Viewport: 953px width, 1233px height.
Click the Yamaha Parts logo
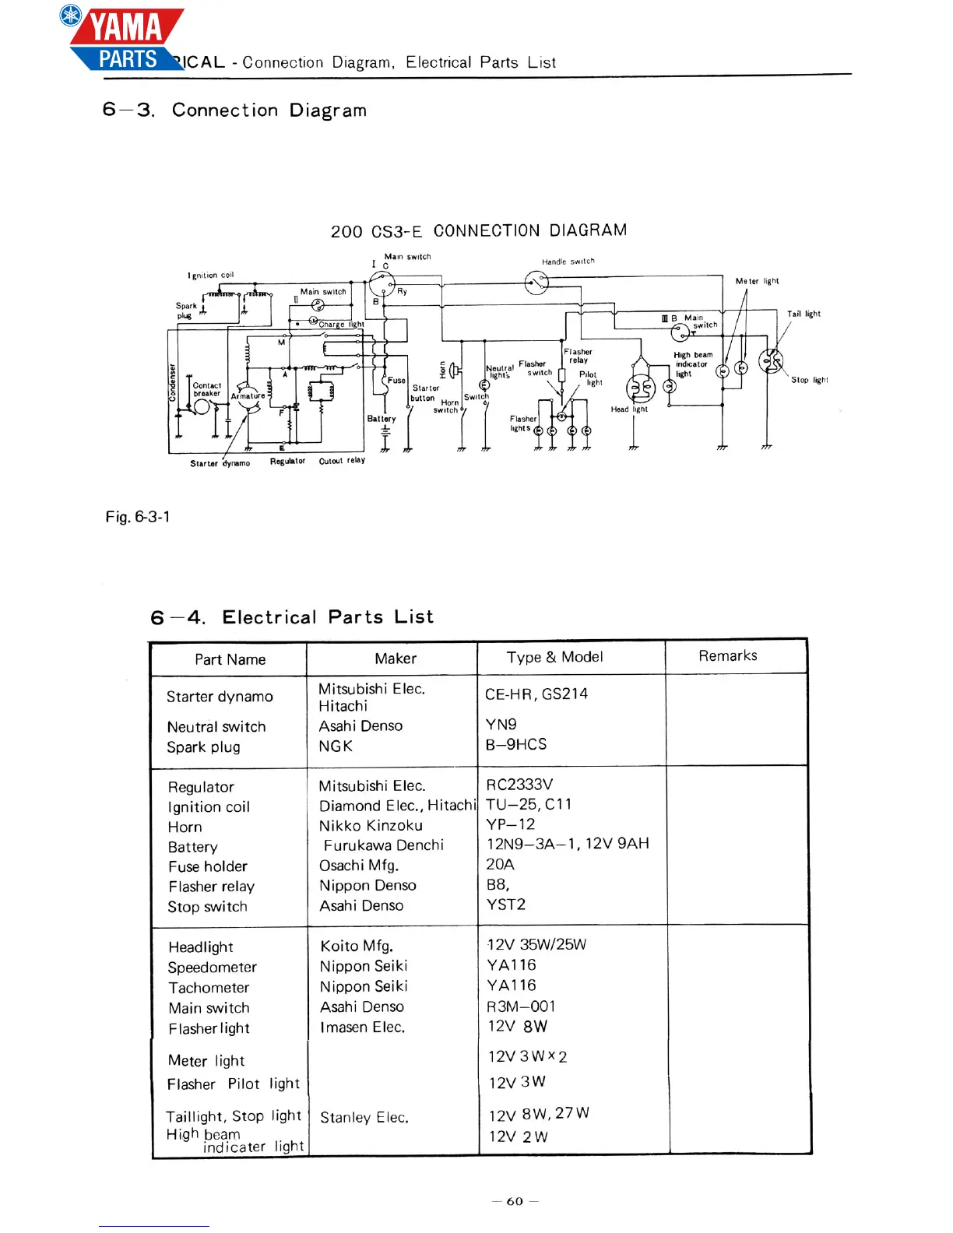125,39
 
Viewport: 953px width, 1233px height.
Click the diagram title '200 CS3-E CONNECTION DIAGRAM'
478,231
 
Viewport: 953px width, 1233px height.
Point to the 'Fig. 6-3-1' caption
138,517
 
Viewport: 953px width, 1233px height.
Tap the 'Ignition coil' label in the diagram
210,275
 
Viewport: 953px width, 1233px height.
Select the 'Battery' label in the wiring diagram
382,419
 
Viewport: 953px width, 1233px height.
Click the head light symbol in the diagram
641,388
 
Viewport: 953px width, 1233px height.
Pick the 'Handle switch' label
568,262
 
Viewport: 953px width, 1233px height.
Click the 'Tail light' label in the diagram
804,314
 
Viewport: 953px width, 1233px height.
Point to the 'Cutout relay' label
342,461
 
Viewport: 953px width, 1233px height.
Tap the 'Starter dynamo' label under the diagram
220,463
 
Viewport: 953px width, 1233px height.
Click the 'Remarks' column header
727,656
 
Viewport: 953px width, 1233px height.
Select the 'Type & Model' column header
554,657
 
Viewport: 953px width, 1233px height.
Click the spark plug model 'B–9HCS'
515,744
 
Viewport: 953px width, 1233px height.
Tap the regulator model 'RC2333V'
519,785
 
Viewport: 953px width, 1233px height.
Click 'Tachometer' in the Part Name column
209,988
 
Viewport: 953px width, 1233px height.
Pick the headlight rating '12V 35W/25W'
536,944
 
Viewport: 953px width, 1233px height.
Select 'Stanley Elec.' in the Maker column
364,1117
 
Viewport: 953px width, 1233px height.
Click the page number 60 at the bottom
515,1201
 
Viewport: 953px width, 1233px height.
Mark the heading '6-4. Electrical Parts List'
292,617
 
